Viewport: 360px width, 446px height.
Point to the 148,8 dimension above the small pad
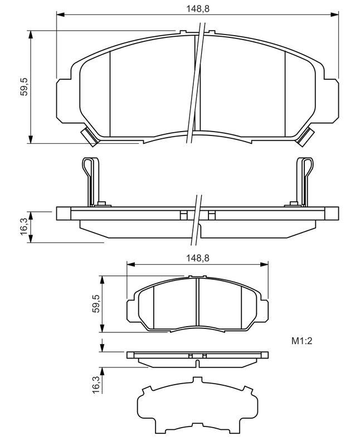click(198, 258)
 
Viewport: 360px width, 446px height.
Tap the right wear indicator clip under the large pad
click(306, 135)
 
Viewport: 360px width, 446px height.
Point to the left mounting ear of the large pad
click(64, 99)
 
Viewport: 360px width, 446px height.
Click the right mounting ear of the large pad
click(332, 99)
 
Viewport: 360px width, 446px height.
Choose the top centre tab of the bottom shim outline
click(198, 381)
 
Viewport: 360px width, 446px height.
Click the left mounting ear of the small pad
click(132, 310)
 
